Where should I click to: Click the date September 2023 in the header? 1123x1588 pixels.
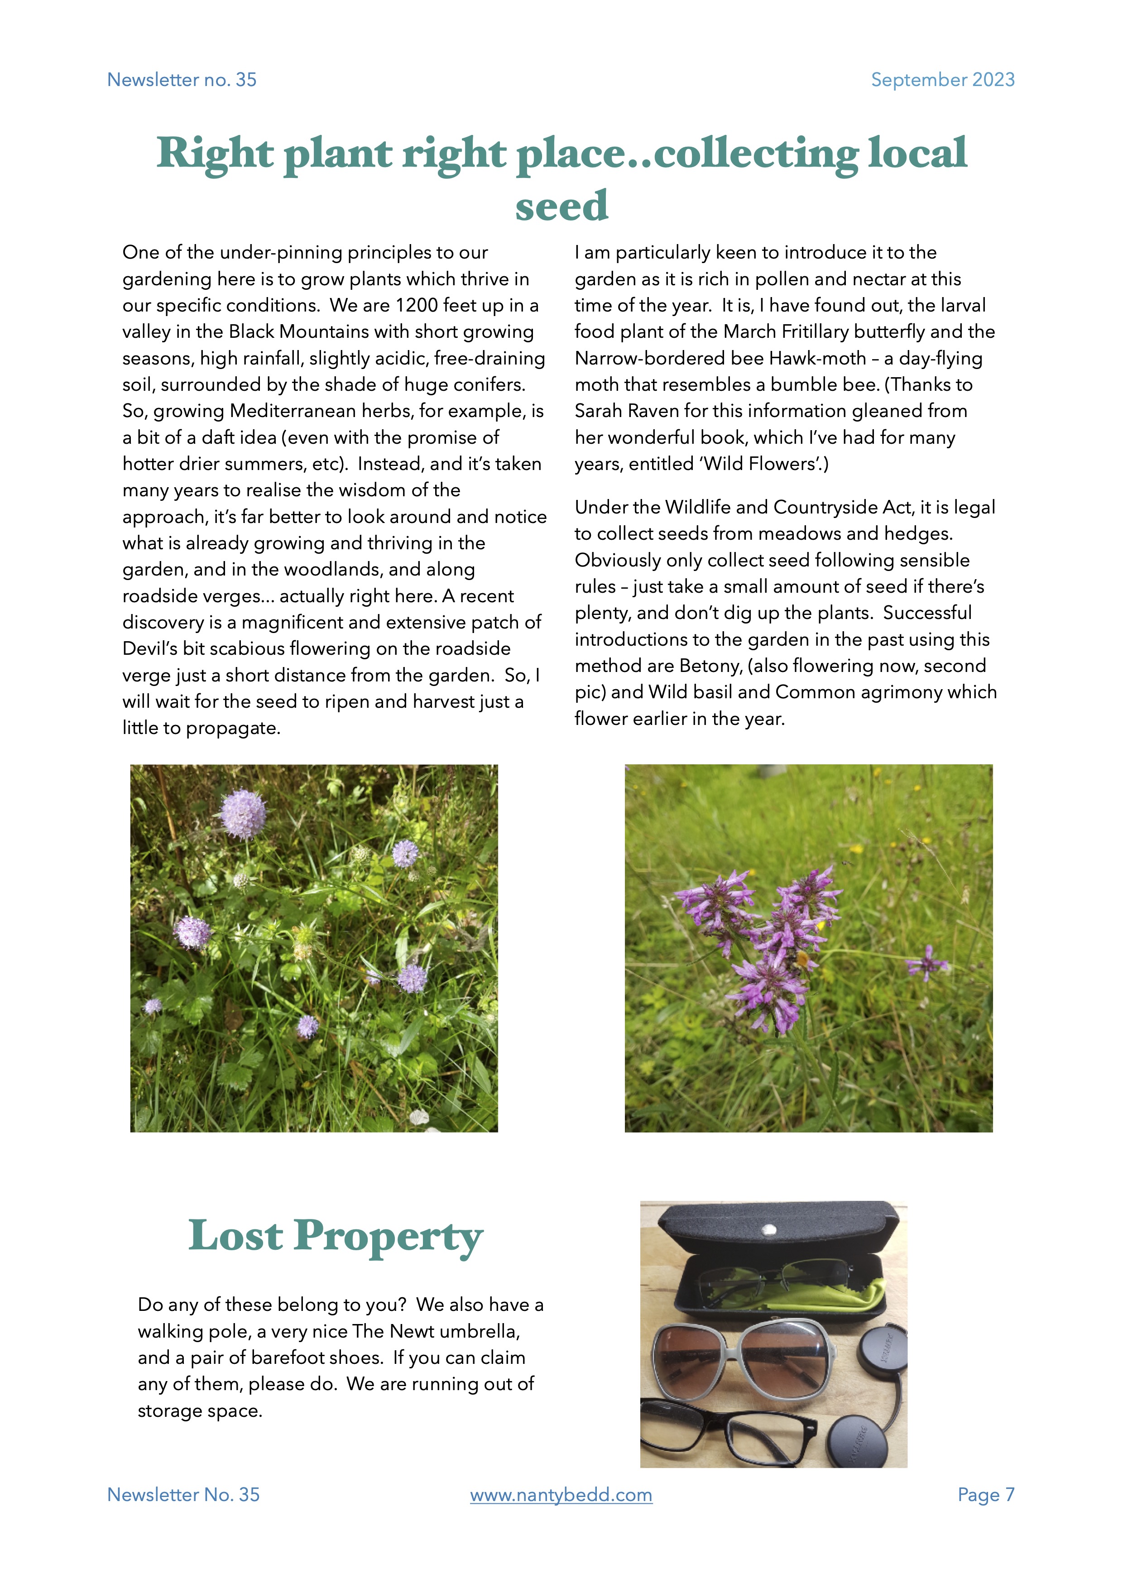942,80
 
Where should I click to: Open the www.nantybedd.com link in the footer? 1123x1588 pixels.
561,1495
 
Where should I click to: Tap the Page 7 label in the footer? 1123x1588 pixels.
985,1495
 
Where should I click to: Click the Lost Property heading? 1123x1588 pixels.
336,1237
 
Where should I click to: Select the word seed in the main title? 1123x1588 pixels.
561,206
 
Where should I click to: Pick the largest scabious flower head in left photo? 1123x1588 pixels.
243,814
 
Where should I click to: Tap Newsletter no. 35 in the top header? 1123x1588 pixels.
182,80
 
